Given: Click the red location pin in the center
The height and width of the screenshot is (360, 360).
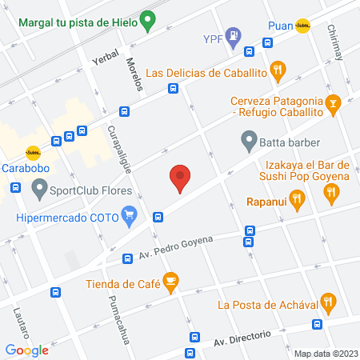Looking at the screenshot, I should click(180, 177).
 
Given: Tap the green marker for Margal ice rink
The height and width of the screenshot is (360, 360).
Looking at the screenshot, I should click(146, 18).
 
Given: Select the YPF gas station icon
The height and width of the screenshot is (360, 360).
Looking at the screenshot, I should click(232, 35).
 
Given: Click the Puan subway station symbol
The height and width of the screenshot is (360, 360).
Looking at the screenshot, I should click(302, 26).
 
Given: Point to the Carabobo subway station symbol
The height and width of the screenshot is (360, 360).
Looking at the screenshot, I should click(33, 151).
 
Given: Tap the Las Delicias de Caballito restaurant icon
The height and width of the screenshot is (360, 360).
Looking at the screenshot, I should click(277, 70).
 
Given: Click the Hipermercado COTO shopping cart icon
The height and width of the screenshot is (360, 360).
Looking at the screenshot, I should click(128, 214).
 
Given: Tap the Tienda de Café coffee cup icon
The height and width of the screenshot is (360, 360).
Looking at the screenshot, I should click(170, 280).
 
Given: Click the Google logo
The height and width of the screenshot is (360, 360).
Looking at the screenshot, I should click(27, 350).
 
